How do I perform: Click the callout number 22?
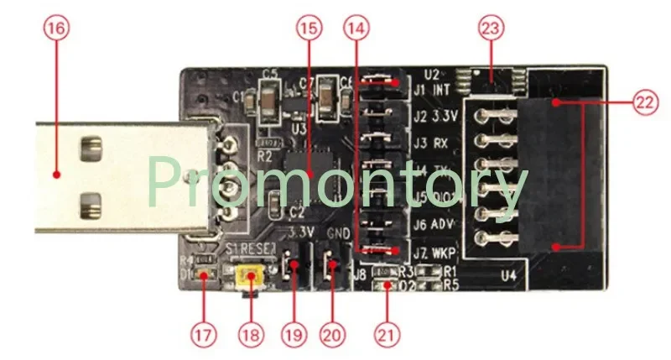click(x=644, y=103)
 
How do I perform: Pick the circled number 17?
click(x=203, y=334)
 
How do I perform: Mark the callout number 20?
click(x=333, y=334)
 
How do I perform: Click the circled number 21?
click(x=386, y=334)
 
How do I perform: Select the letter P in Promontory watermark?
click(x=164, y=185)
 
